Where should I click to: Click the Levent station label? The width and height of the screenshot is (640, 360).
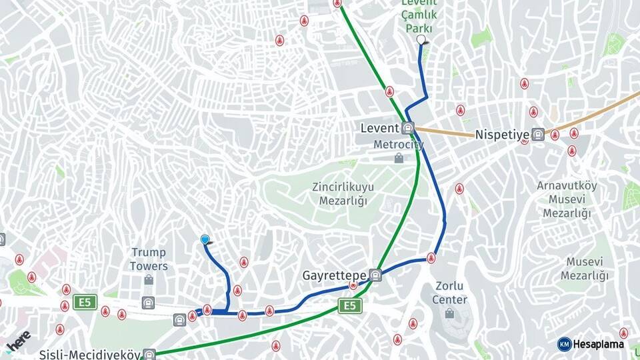click(379, 128)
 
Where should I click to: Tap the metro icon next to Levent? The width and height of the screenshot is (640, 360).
click(408, 128)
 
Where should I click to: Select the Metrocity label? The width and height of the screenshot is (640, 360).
click(398, 144)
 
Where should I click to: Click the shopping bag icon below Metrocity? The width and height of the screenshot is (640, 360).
click(399, 158)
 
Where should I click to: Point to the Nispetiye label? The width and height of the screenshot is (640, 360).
click(501, 135)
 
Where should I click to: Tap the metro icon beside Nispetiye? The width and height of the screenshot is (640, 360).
click(538, 135)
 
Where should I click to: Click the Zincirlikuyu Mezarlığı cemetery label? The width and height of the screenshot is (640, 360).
click(343, 193)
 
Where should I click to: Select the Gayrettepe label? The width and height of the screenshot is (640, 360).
click(334, 275)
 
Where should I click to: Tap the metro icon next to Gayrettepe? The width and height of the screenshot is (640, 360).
click(376, 275)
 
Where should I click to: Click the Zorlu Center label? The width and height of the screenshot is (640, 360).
click(449, 293)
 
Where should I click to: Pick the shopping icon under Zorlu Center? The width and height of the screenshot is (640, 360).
click(449, 313)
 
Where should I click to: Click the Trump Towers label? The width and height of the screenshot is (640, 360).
click(149, 259)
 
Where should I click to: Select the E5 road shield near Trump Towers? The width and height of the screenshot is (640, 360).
click(84, 302)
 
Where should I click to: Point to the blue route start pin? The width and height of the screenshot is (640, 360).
click(205, 240)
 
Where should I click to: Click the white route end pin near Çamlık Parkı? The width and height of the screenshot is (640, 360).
click(421, 41)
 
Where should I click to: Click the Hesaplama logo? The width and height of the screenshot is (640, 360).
click(592, 344)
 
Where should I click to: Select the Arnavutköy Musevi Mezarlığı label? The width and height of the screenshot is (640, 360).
click(567, 199)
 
